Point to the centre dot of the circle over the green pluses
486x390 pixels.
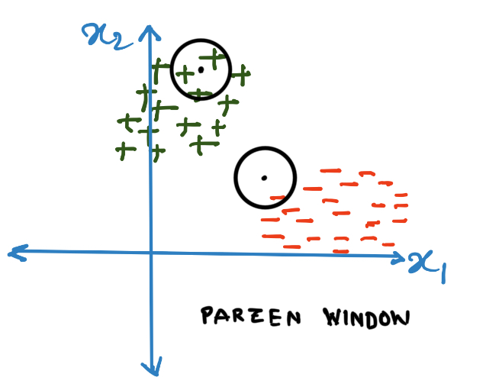201,69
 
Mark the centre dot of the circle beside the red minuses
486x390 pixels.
264,178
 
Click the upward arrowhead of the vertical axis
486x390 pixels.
150,32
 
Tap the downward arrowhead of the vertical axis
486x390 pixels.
155,369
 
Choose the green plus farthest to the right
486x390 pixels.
240,75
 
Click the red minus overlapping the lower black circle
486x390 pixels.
278,199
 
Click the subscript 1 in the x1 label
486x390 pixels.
439,271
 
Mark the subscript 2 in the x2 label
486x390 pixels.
116,40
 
